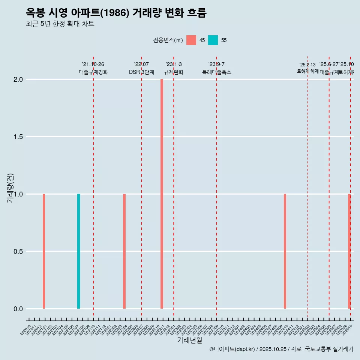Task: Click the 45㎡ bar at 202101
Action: [x=44, y=251]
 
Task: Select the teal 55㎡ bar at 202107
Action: [x=79, y=251]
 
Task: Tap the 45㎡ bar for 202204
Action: [x=124, y=251]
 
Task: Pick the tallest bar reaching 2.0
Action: [x=162, y=194]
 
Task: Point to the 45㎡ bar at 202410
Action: [x=285, y=251]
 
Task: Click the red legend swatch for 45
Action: [x=191, y=40]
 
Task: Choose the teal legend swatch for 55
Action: [x=213, y=40]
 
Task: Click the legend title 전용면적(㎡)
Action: [x=168, y=40]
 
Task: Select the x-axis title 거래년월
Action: [x=189, y=340]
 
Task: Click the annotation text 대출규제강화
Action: [x=93, y=72]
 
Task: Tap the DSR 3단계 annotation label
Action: [x=141, y=72]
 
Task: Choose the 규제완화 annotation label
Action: [x=174, y=72]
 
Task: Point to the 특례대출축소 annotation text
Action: [x=216, y=72]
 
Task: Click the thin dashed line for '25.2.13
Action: [x=308, y=187]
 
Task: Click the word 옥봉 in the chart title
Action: [x=36, y=13]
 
